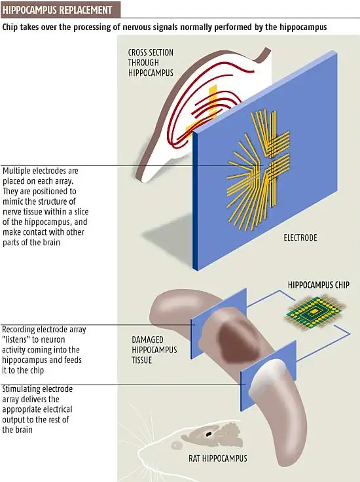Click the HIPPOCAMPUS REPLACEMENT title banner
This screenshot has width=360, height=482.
pyautogui.click(x=60, y=10)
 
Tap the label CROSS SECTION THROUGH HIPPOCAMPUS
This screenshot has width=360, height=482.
pyautogui.click(x=151, y=63)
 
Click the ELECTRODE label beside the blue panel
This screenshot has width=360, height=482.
pyautogui.click(x=300, y=237)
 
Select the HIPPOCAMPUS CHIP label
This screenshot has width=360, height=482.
pyautogui.click(x=319, y=285)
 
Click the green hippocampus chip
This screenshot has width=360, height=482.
pyautogui.click(x=314, y=313)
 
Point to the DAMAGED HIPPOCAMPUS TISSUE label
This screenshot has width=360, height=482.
pyautogui.click(x=154, y=350)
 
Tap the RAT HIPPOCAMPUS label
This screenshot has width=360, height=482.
pyautogui.click(x=218, y=458)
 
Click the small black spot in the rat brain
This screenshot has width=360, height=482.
pyautogui.click(x=209, y=434)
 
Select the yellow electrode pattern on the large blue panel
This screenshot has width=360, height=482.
pyautogui.click(x=259, y=170)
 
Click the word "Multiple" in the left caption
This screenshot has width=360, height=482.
pyautogui.click(x=16, y=171)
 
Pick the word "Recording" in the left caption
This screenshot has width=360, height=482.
pyautogui.click(x=18, y=330)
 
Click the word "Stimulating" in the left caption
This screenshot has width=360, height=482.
pyautogui.click(x=20, y=389)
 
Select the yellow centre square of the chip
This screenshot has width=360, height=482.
pyautogui.click(x=314, y=311)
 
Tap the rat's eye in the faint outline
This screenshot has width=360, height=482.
pyautogui.click(x=176, y=445)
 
